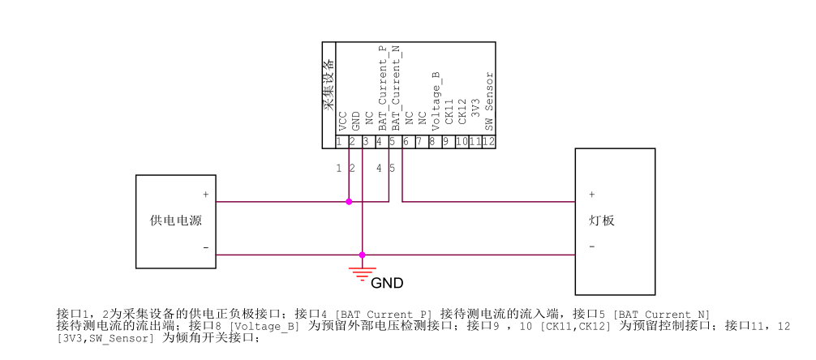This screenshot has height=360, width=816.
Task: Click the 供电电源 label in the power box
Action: pos(176,221)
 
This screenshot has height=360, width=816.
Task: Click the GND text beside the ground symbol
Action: pos(387,283)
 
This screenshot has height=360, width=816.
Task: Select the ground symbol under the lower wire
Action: pos(362,272)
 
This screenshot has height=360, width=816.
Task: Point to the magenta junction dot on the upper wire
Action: pos(349,202)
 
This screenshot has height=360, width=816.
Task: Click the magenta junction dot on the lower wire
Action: pos(363,255)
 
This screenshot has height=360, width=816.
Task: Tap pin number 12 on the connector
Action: pos(489,142)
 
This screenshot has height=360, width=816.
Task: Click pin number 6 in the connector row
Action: pos(406,142)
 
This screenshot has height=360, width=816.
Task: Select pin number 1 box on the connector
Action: pos(338,142)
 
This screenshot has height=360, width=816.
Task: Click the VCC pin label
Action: pos(342,122)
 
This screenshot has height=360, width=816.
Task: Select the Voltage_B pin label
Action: pos(436,101)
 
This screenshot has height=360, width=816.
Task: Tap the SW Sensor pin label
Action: pos(489,101)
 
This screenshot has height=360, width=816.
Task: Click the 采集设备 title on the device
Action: pos(329,85)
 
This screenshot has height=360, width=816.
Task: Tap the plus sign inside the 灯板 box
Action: pos(591,195)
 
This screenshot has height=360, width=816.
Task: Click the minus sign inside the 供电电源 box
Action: pos(205,247)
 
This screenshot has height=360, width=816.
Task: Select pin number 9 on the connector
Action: pos(446,142)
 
